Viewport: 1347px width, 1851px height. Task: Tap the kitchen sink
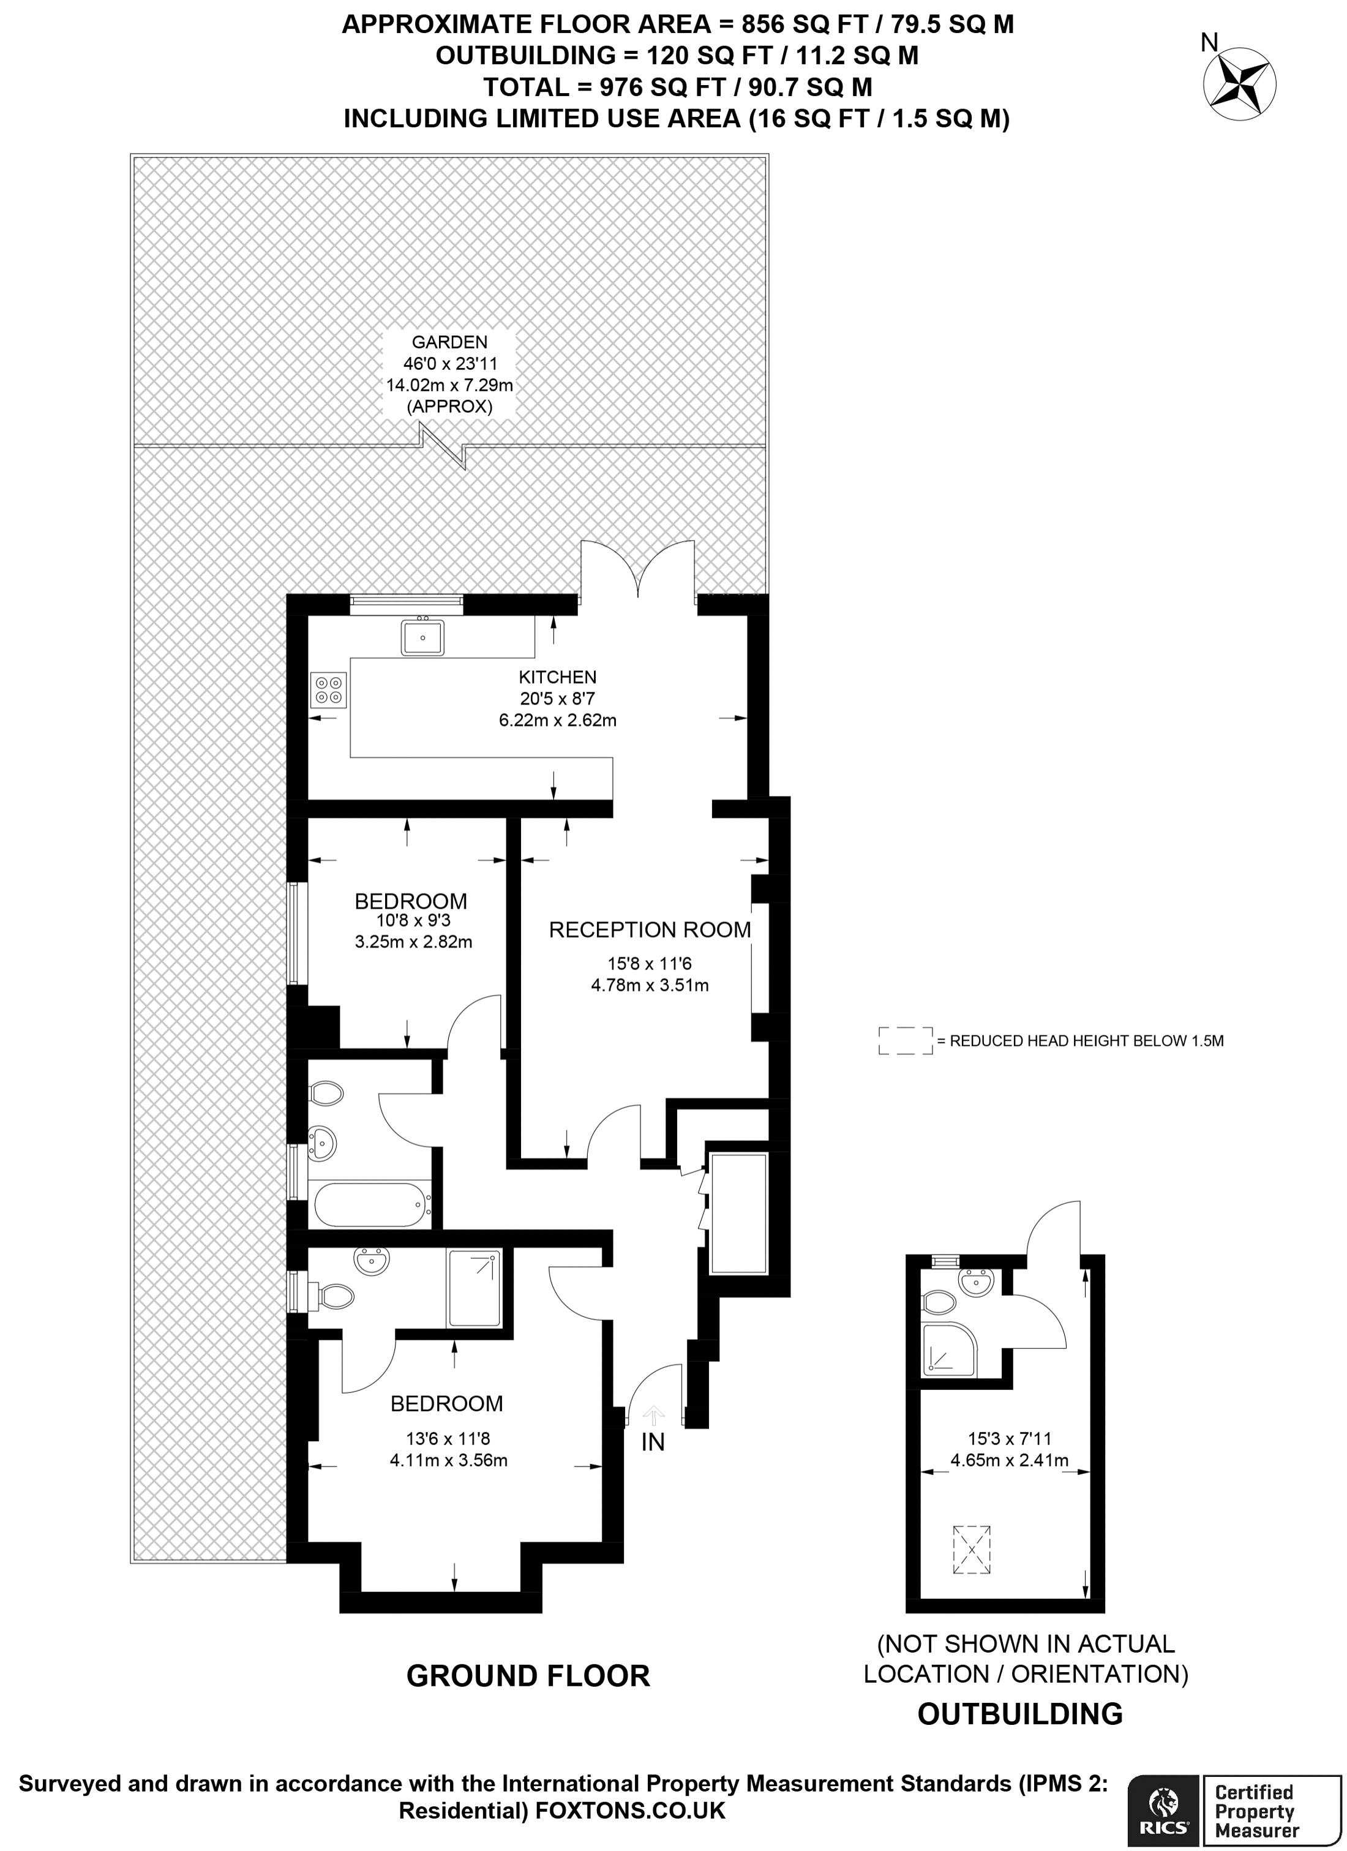422,637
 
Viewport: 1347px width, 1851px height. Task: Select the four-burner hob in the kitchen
329,689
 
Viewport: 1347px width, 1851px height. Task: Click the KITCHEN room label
557,677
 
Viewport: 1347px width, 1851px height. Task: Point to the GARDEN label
449,342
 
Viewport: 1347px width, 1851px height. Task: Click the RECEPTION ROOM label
650,929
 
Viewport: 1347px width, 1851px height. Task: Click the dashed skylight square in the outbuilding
972,1550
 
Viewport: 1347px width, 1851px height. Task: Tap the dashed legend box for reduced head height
905,1040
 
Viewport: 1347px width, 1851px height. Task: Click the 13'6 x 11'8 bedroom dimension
448,1439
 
